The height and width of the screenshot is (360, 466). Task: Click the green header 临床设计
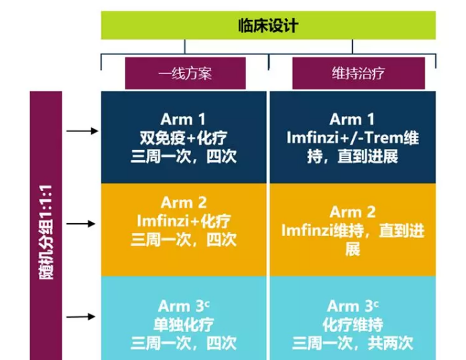coord(268,25)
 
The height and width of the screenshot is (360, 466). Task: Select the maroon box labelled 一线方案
coord(185,73)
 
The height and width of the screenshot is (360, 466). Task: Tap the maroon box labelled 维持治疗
coord(358,73)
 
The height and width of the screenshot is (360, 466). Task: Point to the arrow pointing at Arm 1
coord(83,130)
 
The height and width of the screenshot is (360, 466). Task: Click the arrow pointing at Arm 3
coord(83,316)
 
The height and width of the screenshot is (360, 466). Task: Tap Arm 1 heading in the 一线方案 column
coord(184,119)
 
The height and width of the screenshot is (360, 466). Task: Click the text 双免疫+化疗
coord(184,138)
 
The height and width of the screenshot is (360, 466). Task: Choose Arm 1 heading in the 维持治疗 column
coord(353,119)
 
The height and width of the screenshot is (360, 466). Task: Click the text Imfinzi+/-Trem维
coord(353,138)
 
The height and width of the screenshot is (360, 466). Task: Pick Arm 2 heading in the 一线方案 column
coord(184,202)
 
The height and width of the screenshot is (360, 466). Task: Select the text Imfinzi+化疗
coord(184,221)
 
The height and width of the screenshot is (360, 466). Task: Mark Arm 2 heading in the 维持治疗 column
coord(353,213)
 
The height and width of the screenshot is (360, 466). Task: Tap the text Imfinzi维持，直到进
coord(353,231)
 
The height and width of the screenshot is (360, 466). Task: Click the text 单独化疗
coord(184,325)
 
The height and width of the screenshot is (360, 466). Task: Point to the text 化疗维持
coord(353,325)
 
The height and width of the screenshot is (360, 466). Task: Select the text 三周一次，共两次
coord(353,344)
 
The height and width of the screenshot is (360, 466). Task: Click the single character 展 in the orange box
coord(353,249)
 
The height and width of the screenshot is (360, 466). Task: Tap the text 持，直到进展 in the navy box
coord(353,157)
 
